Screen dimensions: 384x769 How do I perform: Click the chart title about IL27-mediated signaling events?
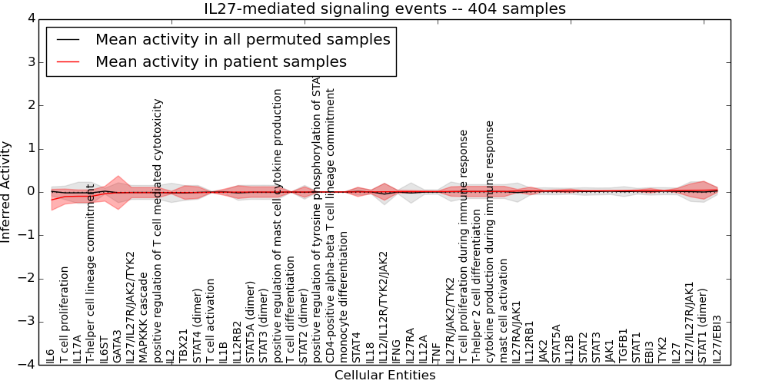click(384, 8)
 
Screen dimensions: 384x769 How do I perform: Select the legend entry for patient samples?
click(221, 61)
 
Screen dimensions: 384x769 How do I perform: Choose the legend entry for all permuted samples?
click(242, 39)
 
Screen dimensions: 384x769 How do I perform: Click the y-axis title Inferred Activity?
click(7, 191)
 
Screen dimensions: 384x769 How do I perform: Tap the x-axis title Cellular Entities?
click(384, 376)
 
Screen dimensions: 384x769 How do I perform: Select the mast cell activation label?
click(504, 310)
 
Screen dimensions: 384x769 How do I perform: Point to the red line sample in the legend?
click(68, 61)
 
